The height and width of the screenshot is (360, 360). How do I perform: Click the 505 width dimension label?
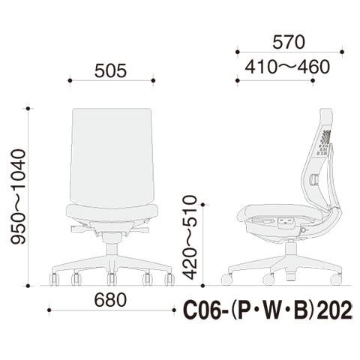[x=111, y=70]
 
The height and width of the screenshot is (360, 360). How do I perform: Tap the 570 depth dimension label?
[x=289, y=42]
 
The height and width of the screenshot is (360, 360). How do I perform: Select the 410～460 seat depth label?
[x=287, y=67]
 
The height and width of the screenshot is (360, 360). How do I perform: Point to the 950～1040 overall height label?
[x=18, y=196]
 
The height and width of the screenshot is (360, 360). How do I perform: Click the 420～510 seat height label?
[x=190, y=237]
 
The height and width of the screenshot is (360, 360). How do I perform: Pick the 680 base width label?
[x=110, y=300]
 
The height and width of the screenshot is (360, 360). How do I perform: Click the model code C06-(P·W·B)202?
[x=268, y=310]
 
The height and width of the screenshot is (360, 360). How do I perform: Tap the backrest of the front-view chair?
[x=112, y=158]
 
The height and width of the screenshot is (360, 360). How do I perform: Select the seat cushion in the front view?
[x=112, y=212]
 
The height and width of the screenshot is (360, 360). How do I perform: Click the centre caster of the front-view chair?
[x=112, y=279]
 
